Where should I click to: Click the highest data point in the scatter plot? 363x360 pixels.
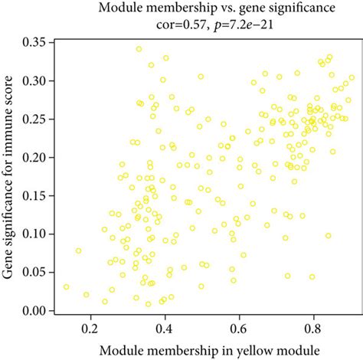pyautogui.click(x=139, y=49)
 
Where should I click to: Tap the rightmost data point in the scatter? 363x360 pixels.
pyautogui.click(x=352, y=78)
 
